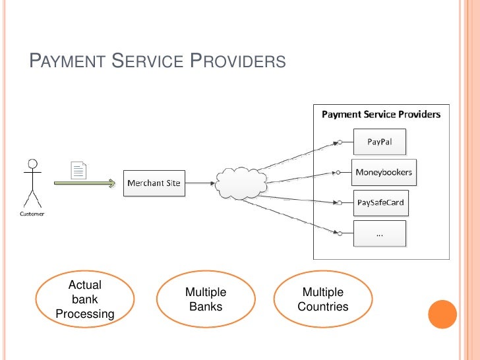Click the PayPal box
click(x=380, y=141)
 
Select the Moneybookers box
click(x=383, y=173)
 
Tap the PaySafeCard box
click(x=380, y=202)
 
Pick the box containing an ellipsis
click(x=380, y=233)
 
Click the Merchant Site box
click(x=154, y=183)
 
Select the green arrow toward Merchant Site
click(x=84, y=183)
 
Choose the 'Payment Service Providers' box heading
click(x=380, y=115)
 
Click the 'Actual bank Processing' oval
click(x=85, y=299)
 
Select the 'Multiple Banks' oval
click(x=206, y=299)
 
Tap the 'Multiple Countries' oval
click(x=322, y=299)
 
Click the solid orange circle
click(x=442, y=314)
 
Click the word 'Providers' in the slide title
click(x=238, y=62)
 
